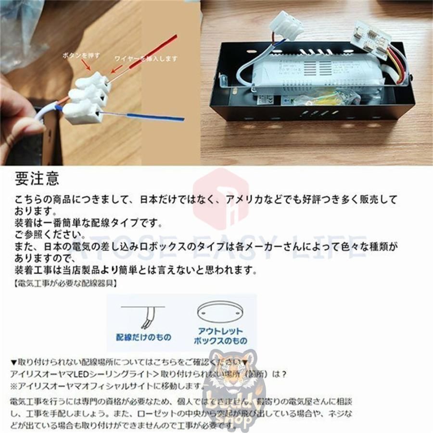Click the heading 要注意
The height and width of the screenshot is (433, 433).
point(37,178)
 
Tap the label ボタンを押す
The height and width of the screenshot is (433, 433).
point(81,55)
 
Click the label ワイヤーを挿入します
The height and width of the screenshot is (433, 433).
point(146,59)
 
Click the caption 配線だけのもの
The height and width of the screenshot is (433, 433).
point(143,337)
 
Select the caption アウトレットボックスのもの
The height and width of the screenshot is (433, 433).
point(220,336)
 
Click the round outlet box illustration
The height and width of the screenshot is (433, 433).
point(220,313)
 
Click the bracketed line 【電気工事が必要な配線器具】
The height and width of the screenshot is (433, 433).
point(64,283)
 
